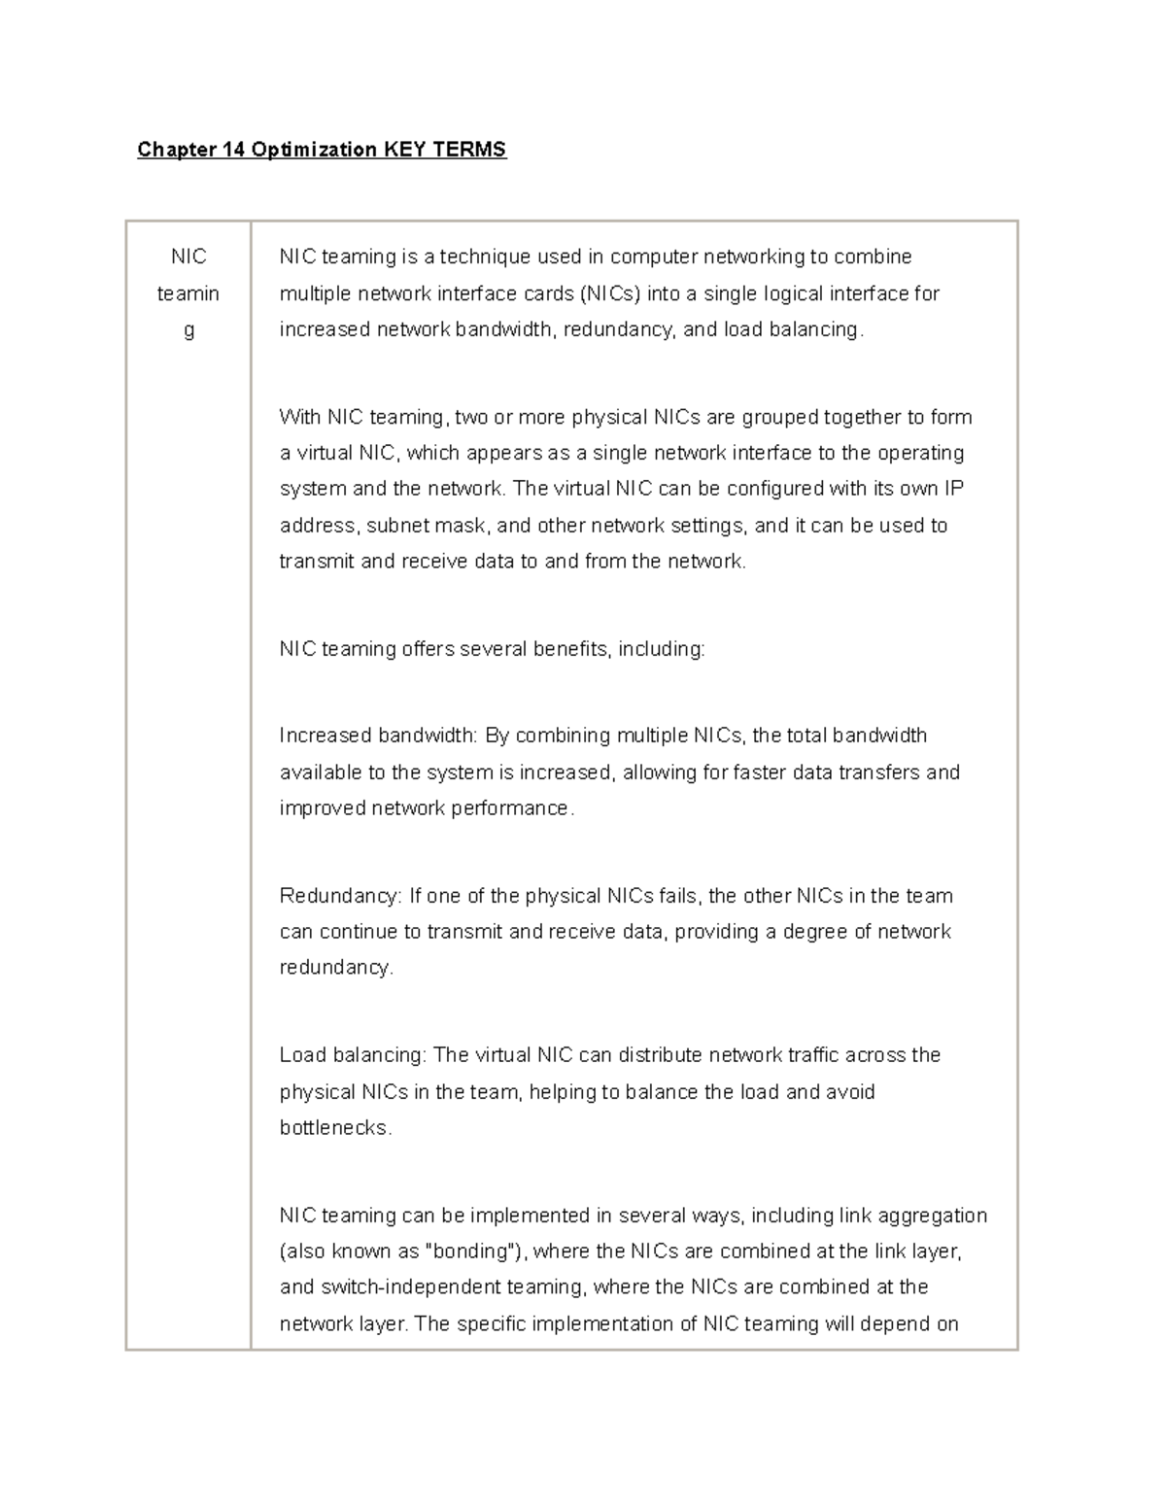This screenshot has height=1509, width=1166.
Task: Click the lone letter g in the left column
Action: coord(189,330)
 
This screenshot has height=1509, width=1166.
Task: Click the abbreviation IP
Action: coord(954,489)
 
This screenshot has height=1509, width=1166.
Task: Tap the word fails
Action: coord(679,896)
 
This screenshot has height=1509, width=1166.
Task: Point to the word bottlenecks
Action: coord(335,1129)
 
